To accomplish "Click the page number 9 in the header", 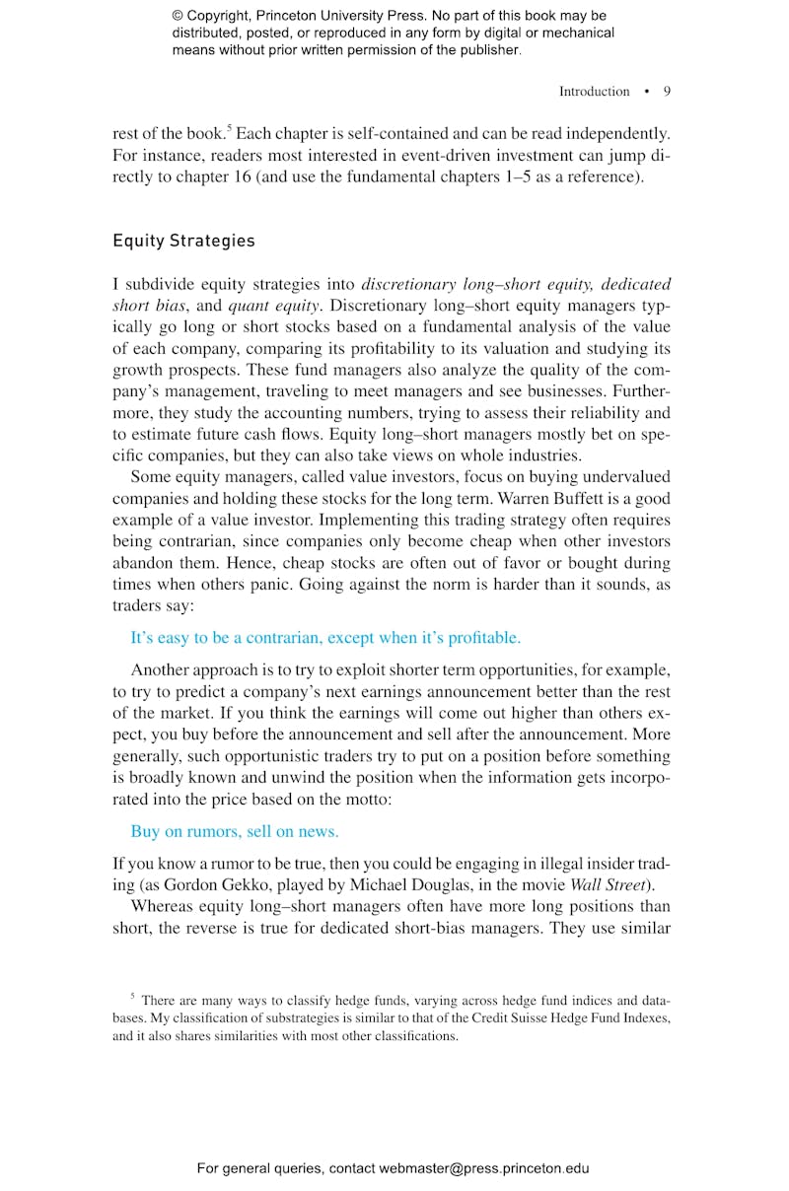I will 667,92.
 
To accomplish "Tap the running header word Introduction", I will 594,92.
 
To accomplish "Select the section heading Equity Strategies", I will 183,241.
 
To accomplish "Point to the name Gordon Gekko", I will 205,884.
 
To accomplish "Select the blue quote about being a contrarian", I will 325,638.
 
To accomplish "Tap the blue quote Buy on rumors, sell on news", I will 235,831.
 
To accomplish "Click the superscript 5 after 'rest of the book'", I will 230,127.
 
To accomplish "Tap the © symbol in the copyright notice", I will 178,17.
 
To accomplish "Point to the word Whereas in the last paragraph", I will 165,906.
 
